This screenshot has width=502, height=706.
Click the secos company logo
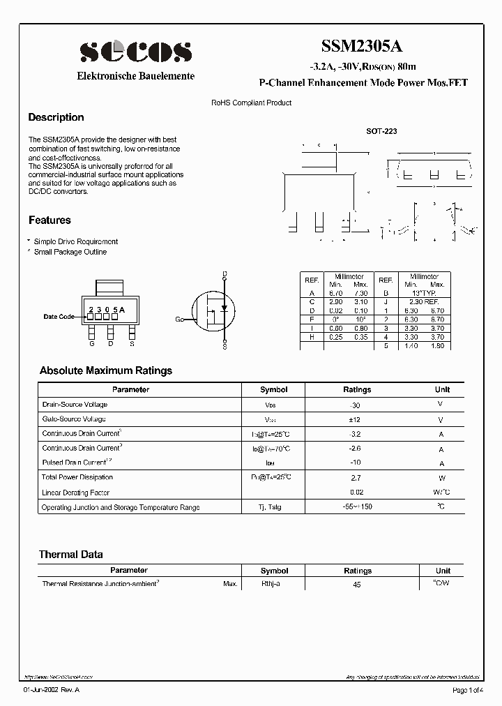tap(135, 52)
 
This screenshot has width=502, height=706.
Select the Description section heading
tap(56, 117)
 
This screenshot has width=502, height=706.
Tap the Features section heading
tap(50, 220)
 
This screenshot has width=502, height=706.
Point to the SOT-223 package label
tap(381, 130)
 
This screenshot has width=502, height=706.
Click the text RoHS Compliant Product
tap(251, 103)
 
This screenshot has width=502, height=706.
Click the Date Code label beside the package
tap(59, 317)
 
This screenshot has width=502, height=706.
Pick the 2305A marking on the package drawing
tap(106, 309)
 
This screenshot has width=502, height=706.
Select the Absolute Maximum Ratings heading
tap(105, 370)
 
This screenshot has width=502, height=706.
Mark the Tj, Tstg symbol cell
tap(271, 507)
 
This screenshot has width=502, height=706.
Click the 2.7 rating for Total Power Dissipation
tap(357, 478)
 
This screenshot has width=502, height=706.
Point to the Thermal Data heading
tap(70, 555)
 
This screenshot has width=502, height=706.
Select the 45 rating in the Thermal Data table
tap(357, 584)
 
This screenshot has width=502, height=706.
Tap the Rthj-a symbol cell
tap(271, 583)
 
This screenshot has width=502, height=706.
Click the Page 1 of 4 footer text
tap(466, 690)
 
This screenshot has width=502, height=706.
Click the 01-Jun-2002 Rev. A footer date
tap(52, 690)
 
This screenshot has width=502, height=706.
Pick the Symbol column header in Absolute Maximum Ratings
tap(273, 389)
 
